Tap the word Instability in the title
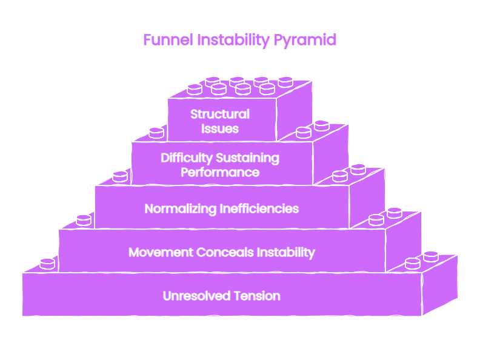(x=233, y=41)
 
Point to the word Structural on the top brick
(x=220, y=114)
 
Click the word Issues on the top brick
(x=220, y=128)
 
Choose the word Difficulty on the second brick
(x=187, y=158)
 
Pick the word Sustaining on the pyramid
(x=248, y=158)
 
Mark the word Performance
(x=220, y=172)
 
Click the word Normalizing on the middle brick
(x=181, y=209)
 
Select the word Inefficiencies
(x=259, y=208)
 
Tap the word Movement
(x=161, y=253)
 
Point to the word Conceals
(x=225, y=253)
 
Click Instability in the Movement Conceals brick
(x=286, y=253)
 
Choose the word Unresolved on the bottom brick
(x=196, y=296)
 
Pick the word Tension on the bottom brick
(x=257, y=296)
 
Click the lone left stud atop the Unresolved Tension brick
(x=47, y=264)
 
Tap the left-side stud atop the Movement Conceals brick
(x=84, y=221)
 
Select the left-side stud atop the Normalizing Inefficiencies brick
(x=121, y=176)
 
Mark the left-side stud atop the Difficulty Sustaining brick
(x=156, y=133)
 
